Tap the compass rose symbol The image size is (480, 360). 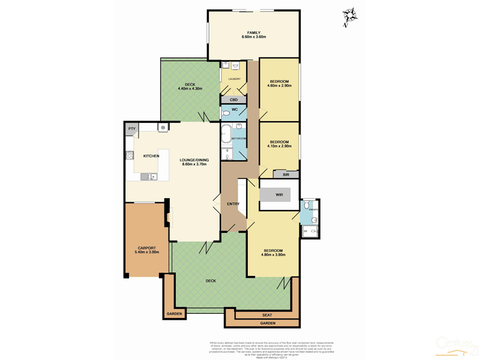pyautogui.click(x=349, y=16)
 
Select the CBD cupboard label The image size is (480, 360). pyautogui.click(x=233, y=99)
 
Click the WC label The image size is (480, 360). pyautogui.click(x=235, y=109)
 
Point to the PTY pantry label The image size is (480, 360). pyautogui.click(x=131, y=128)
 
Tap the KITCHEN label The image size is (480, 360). pyautogui.click(x=151, y=156)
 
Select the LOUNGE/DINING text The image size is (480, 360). pyautogui.click(x=193, y=160)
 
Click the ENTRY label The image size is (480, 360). pyautogui.click(x=233, y=204)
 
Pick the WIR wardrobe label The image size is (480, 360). pyautogui.click(x=279, y=195)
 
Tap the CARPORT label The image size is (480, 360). pyautogui.click(x=146, y=248)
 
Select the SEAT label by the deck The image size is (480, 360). pyautogui.click(x=267, y=314)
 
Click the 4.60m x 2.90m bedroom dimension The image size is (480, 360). pyautogui.click(x=279, y=86)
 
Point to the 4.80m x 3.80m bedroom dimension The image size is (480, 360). pyautogui.click(x=272, y=255)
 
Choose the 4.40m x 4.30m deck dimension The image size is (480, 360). pyautogui.click(x=190, y=89)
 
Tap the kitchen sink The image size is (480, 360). pyautogui.click(x=148, y=176)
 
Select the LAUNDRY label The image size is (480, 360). pyautogui.click(x=234, y=79)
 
